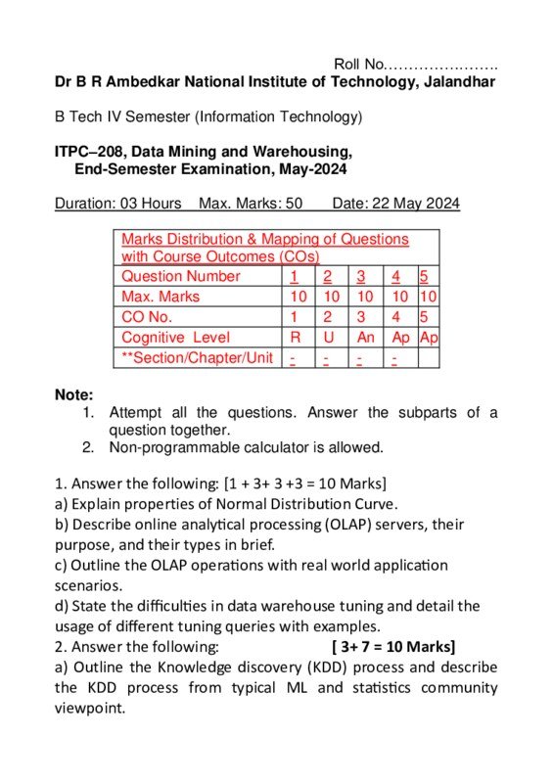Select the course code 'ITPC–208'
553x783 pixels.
89,152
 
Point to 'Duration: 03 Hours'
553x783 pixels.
118,204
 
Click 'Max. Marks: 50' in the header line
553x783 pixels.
250,204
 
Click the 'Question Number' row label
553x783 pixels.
180,276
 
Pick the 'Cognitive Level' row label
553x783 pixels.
175,337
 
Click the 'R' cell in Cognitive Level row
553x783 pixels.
295,337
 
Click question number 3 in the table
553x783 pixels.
361,276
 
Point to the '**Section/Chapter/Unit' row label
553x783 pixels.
197,357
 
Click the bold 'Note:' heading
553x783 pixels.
74,395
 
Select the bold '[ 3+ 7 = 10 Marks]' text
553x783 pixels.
393,646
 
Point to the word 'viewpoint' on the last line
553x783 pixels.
90,708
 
